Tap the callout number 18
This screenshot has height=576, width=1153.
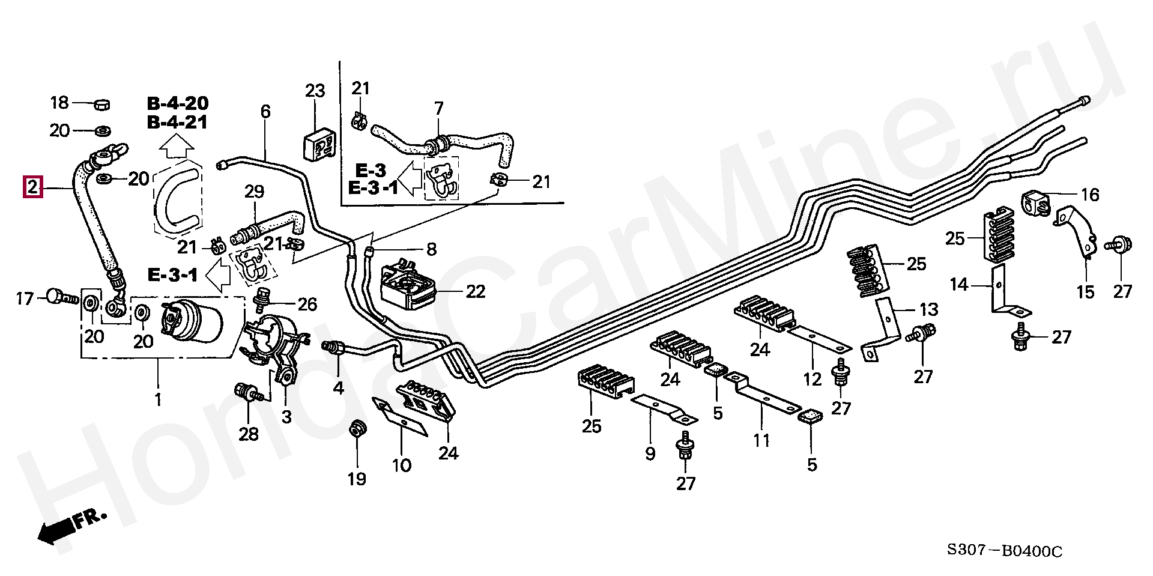(x=59, y=103)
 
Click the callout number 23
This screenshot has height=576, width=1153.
(x=315, y=91)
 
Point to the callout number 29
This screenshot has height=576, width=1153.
(x=254, y=192)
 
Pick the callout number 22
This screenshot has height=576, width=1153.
(x=476, y=291)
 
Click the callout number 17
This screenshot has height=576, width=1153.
(x=25, y=298)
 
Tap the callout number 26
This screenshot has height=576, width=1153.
(x=307, y=305)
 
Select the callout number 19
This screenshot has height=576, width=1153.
(x=357, y=479)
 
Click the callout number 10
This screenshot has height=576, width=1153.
(x=402, y=465)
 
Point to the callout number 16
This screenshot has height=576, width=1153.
(x=1090, y=195)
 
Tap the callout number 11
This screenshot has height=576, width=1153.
(x=761, y=441)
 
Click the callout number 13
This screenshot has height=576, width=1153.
(x=928, y=310)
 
